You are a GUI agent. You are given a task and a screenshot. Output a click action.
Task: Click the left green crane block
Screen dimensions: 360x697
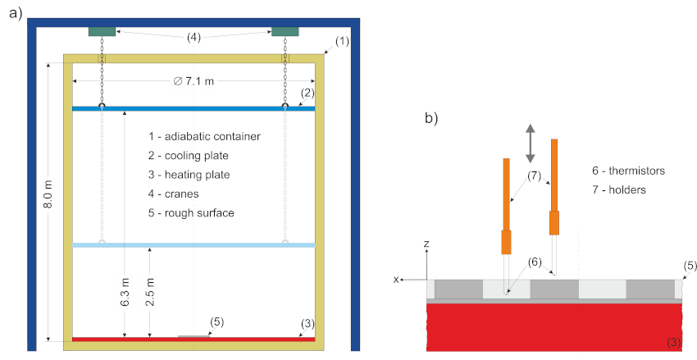(102, 31)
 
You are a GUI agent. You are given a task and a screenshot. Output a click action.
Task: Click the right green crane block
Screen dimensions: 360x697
(285, 31)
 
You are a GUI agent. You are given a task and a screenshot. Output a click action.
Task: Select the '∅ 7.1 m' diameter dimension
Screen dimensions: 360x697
(194, 80)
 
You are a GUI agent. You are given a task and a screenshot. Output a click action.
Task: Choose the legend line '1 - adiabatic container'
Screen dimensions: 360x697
(204, 135)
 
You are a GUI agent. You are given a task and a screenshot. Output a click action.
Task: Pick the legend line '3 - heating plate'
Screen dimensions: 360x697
(189, 175)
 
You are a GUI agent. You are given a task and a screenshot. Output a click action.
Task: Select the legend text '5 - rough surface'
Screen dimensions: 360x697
(191, 213)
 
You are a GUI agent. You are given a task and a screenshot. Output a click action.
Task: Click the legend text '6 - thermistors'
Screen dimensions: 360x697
(628, 171)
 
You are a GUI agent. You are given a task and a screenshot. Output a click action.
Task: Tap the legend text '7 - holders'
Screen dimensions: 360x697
(618, 190)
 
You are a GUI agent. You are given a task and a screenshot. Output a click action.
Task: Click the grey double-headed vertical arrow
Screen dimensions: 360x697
(530, 143)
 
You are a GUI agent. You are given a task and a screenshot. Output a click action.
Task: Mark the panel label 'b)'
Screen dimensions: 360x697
(432, 117)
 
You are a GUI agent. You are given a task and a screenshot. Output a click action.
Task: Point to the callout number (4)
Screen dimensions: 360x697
(194, 37)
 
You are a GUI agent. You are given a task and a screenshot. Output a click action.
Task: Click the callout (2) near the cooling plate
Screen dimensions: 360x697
(307, 94)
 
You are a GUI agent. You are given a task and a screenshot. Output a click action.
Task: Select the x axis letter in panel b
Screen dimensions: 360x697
(397, 280)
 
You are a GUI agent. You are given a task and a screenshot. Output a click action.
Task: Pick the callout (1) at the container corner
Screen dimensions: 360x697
(342, 39)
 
